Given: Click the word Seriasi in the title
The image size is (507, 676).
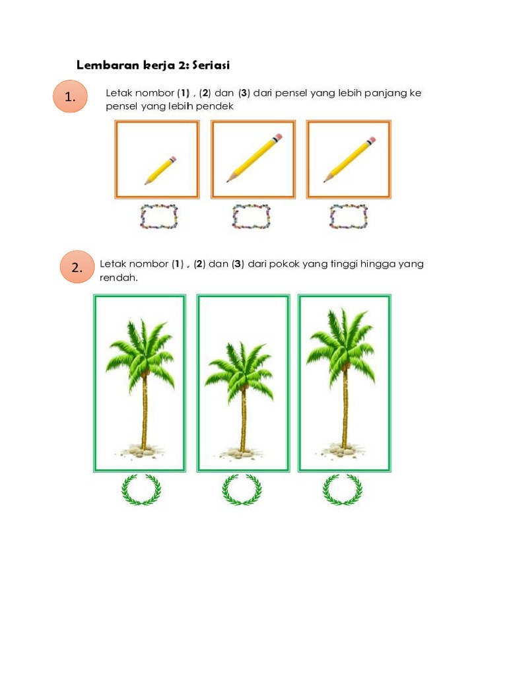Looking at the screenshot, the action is pos(211,65).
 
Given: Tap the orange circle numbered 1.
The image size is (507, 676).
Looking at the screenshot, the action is pos(70,96).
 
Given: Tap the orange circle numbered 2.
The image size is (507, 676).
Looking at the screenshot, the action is pos(77,267).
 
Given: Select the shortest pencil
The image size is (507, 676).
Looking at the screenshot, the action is pos(160,170).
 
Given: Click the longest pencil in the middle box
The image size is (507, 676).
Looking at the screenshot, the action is pos(254,158).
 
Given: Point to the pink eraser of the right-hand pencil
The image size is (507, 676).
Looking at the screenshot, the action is pos(372,140).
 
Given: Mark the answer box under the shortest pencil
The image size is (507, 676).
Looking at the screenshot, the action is pos(158,217).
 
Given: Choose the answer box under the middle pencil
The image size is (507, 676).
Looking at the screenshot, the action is pos(252,217).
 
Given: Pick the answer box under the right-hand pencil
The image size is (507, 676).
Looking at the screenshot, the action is pos(349,217).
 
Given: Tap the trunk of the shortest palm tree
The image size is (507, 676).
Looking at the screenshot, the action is pos(244,418).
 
